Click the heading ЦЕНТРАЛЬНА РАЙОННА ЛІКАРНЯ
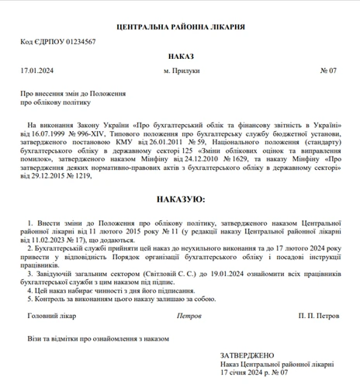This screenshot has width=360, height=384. pyautogui.click(x=180, y=26)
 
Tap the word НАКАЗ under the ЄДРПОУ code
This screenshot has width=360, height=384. pyautogui.click(x=180, y=56)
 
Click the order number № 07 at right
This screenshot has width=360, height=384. pyautogui.click(x=328, y=71)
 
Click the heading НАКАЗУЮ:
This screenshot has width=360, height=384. pyautogui.click(x=180, y=199)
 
